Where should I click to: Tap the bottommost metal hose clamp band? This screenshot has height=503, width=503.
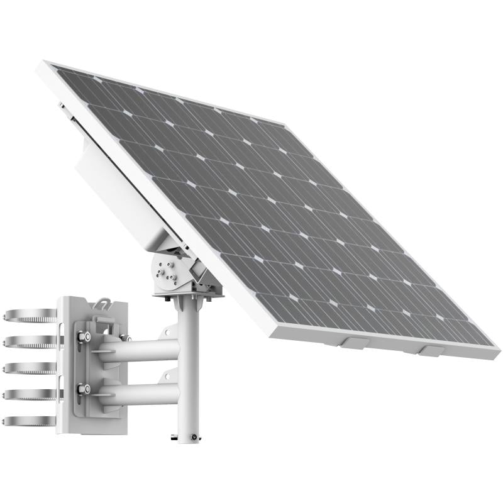[28, 421]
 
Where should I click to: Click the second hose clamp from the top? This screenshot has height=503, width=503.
[28, 342]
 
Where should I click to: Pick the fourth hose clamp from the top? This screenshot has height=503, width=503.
[28, 395]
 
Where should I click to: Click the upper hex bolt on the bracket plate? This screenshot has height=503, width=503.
[82, 338]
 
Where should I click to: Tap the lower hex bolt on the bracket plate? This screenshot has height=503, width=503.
[82, 389]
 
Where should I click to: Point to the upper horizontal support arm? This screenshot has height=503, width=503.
[141, 350]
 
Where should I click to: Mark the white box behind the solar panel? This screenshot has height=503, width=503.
[119, 189]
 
